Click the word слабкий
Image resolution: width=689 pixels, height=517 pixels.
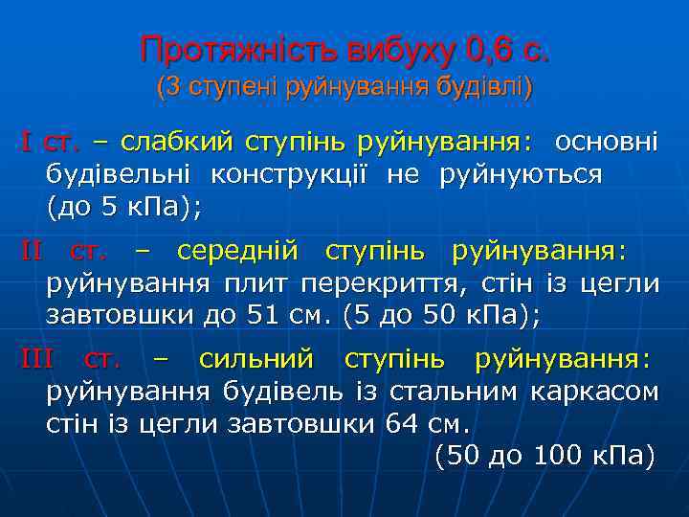(x=177, y=143)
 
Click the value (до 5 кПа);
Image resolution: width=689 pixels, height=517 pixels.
(x=124, y=207)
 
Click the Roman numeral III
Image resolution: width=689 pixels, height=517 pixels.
(x=38, y=360)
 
